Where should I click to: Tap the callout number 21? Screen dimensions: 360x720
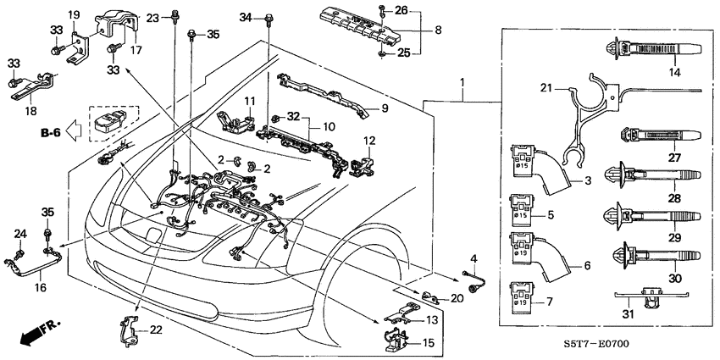546,89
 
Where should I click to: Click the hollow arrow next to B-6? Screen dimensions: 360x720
75,131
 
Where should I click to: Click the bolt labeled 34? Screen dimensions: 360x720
269,18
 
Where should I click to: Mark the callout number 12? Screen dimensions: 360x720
368,140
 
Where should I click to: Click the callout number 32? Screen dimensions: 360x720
293,116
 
